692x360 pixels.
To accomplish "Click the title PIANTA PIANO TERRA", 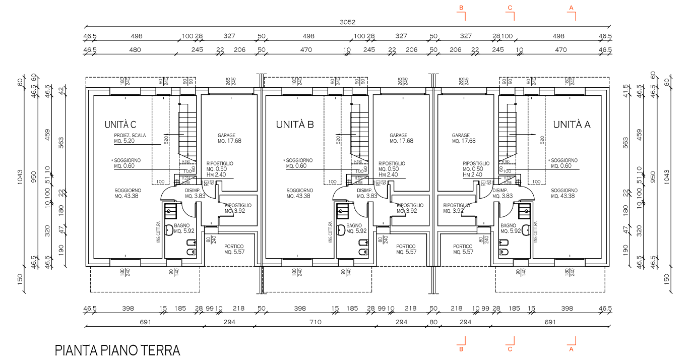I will pyautogui.click(x=117, y=350).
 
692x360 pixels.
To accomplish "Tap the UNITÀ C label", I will pyautogui.click(x=120, y=125).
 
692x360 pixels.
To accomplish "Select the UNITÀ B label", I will pyautogui.click(x=295, y=125).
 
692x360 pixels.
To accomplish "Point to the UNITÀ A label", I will pyautogui.click(x=572, y=125).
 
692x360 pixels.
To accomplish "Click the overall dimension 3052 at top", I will pyautogui.click(x=348, y=22).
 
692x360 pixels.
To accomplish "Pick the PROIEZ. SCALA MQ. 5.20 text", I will pyautogui.click(x=130, y=139).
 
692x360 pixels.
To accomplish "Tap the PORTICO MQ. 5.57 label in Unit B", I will pyautogui.click(x=406, y=249).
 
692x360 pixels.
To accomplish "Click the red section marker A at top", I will pyautogui.click(x=572, y=8).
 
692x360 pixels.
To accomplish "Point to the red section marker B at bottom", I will pyautogui.click(x=461, y=348).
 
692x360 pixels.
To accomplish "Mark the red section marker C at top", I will pyautogui.click(x=510, y=8).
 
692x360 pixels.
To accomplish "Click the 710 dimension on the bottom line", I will pyautogui.click(x=316, y=322).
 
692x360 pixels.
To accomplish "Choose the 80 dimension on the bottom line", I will pyautogui.click(x=433, y=322).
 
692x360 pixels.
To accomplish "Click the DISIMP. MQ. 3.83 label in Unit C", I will pyautogui.click(x=194, y=193).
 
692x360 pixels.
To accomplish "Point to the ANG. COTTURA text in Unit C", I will pyautogui.click(x=158, y=232).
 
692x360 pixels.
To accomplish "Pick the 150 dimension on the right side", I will pyautogui.click(x=667, y=279).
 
